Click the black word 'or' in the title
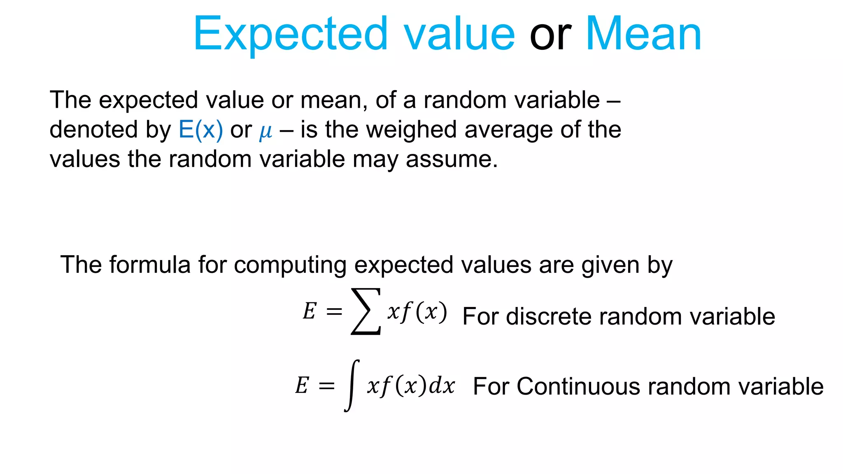[x=550, y=35]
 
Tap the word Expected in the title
[x=291, y=35]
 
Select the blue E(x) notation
[x=200, y=130]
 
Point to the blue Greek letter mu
[x=265, y=132]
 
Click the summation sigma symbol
[x=366, y=311]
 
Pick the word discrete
[x=549, y=316]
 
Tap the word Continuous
[x=578, y=386]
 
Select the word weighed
[x=412, y=130]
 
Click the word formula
[x=150, y=265]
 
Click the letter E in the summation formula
[x=310, y=311]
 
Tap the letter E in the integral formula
[x=302, y=386]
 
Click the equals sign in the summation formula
[x=334, y=311]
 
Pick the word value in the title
[x=459, y=35]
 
